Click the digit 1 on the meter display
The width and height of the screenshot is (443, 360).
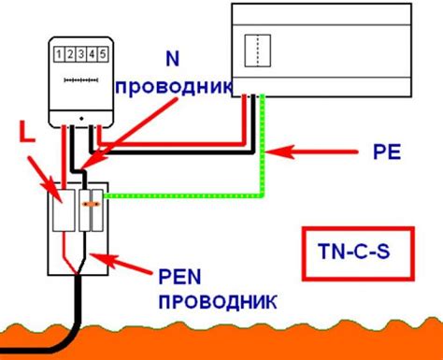tap(58, 56)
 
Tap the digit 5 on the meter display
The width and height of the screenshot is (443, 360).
tap(102, 56)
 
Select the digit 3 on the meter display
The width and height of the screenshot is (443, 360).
tap(80, 56)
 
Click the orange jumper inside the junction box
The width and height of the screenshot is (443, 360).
tap(91, 198)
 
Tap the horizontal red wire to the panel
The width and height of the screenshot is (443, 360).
tap(178, 144)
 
